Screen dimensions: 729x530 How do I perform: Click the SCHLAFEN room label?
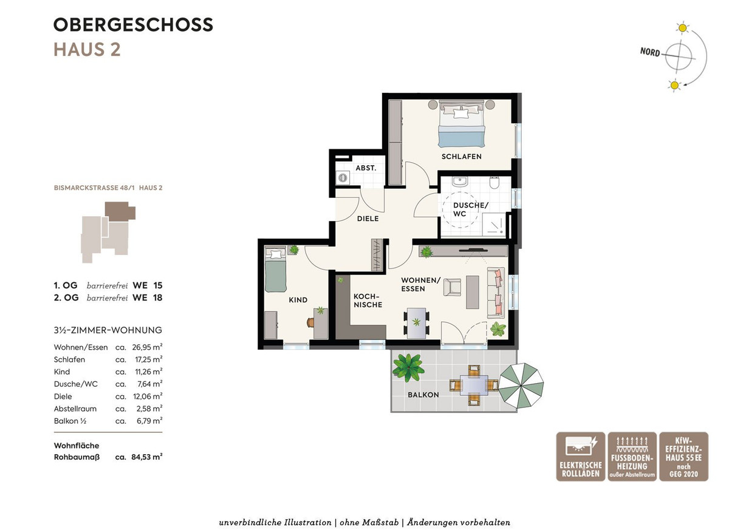pos(461,157)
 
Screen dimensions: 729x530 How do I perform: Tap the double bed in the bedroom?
pos(461,124)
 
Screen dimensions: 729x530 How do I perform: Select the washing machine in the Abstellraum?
pos(343,177)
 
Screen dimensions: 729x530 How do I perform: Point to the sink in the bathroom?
pos(459,182)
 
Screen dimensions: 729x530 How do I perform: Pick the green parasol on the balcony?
pos(521,386)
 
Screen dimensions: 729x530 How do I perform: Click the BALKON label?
pos(423,395)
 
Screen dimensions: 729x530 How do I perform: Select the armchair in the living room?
pos(453,287)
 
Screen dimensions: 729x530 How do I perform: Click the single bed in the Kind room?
pos(275,269)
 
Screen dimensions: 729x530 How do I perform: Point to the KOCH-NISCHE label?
pos(368,301)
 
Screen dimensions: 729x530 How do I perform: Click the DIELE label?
pos(368,219)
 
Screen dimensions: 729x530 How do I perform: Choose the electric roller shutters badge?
pos(581,457)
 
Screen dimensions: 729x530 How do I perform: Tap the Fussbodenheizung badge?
pos(632,457)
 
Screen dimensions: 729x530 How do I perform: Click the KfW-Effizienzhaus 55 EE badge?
pos(684,457)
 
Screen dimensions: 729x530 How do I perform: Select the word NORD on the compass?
pos(650,52)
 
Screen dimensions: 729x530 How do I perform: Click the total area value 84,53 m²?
pos(147,457)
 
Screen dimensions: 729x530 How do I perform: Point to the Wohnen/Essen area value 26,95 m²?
pos(147,347)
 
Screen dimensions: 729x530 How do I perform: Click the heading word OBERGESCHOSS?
pos(133,25)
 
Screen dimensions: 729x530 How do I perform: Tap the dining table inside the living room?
pos(416,323)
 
